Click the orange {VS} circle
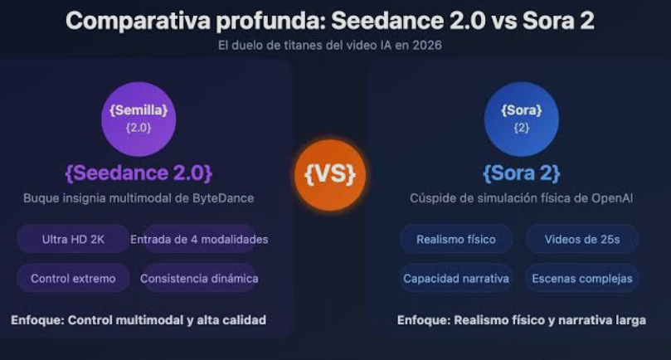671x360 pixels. pyautogui.click(x=330, y=175)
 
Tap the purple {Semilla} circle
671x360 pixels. pyautogui.click(x=139, y=119)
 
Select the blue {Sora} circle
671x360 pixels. pyautogui.click(x=521, y=119)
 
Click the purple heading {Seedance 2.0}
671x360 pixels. pyautogui.click(x=139, y=173)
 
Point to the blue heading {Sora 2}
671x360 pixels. pyautogui.click(x=521, y=173)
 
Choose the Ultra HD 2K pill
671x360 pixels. pyautogui.click(x=73, y=239)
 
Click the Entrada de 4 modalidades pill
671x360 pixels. pyautogui.click(x=199, y=239)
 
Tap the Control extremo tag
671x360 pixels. pyautogui.click(x=73, y=278)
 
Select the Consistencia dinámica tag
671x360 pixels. pyautogui.click(x=199, y=278)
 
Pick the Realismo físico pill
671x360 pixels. pyautogui.click(x=456, y=239)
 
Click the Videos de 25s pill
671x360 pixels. pyautogui.click(x=581, y=239)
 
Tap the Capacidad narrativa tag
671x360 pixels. pyautogui.click(x=456, y=278)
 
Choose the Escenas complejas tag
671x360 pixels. pyautogui.click(x=581, y=278)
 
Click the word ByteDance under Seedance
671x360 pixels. pyautogui.click(x=225, y=198)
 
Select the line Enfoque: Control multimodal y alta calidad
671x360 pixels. pyautogui.click(x=139, y=319)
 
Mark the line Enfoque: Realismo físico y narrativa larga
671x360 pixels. pyautogui.click(x=521, y=319)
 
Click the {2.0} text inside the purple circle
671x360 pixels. pyautogui.click(x=139, y=129)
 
